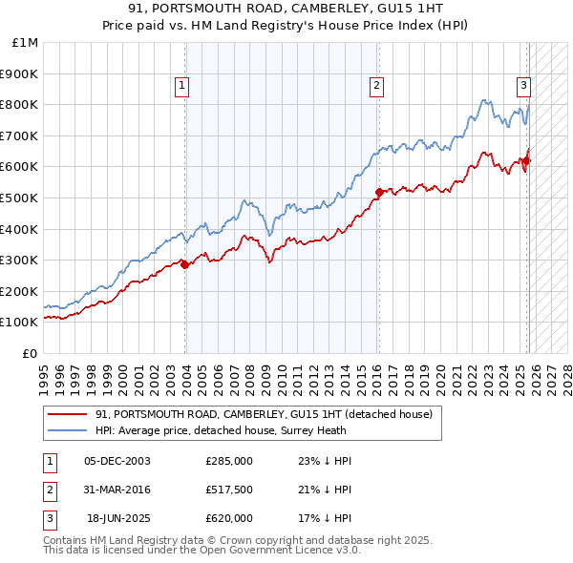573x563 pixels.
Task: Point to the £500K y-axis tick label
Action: pyautogui.click(x=20, y=198)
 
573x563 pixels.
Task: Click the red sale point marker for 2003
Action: pyautogui.click(x=185, y=265)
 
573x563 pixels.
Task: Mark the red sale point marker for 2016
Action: pyautogui.click(x=379, y=193)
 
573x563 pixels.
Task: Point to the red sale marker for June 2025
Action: pyautogui.click(x=528, y=160)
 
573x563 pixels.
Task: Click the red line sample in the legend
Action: pyautogui.click(x=67, y=414)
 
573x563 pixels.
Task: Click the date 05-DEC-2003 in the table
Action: pyautogui.click(x=117, y=460)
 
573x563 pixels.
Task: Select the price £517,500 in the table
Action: pyautogui.click(x=229, y=490)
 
